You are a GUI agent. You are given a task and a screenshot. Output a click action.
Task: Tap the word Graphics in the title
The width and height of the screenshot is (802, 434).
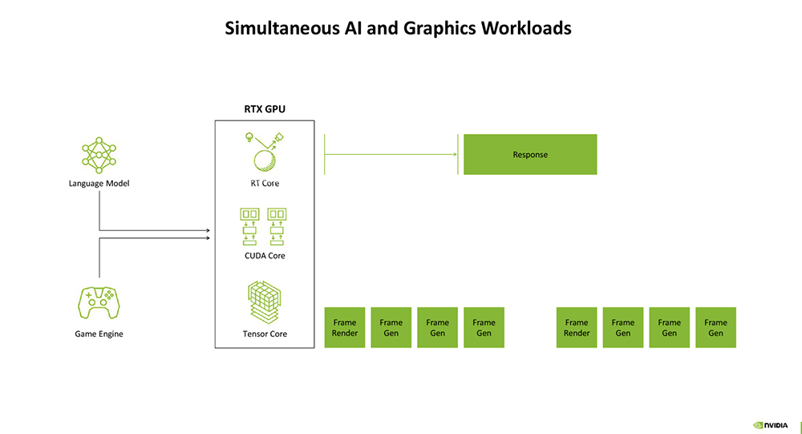tap(441, 28)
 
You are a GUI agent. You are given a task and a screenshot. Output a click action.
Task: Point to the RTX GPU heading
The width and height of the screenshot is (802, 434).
tap(264, 109)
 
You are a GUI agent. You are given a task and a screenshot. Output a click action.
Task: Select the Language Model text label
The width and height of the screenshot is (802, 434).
tap(99, 184)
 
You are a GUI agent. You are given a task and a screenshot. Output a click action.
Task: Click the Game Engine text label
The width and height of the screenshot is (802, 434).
tap(99, 334)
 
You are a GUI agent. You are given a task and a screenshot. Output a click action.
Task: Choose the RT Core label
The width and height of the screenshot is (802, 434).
tap(265, 184)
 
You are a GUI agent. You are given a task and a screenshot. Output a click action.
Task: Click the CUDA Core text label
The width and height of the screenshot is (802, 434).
tap(265, 256)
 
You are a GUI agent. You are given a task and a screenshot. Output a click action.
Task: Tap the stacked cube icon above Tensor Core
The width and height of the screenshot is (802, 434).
tap(264, 302)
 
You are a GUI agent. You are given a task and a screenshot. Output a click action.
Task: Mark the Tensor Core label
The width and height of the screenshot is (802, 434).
tap(265, 334)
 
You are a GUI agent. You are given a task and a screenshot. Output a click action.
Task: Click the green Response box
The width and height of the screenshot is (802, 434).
tap(530, 154)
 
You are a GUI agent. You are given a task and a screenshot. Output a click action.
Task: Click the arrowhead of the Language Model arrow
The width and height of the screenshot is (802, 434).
tap(208, 229)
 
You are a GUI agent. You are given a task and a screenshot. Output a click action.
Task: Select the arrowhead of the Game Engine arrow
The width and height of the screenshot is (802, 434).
tap(208, 237)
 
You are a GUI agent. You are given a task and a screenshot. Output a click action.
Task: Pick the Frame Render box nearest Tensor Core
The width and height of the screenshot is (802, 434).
tap(345, 327)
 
